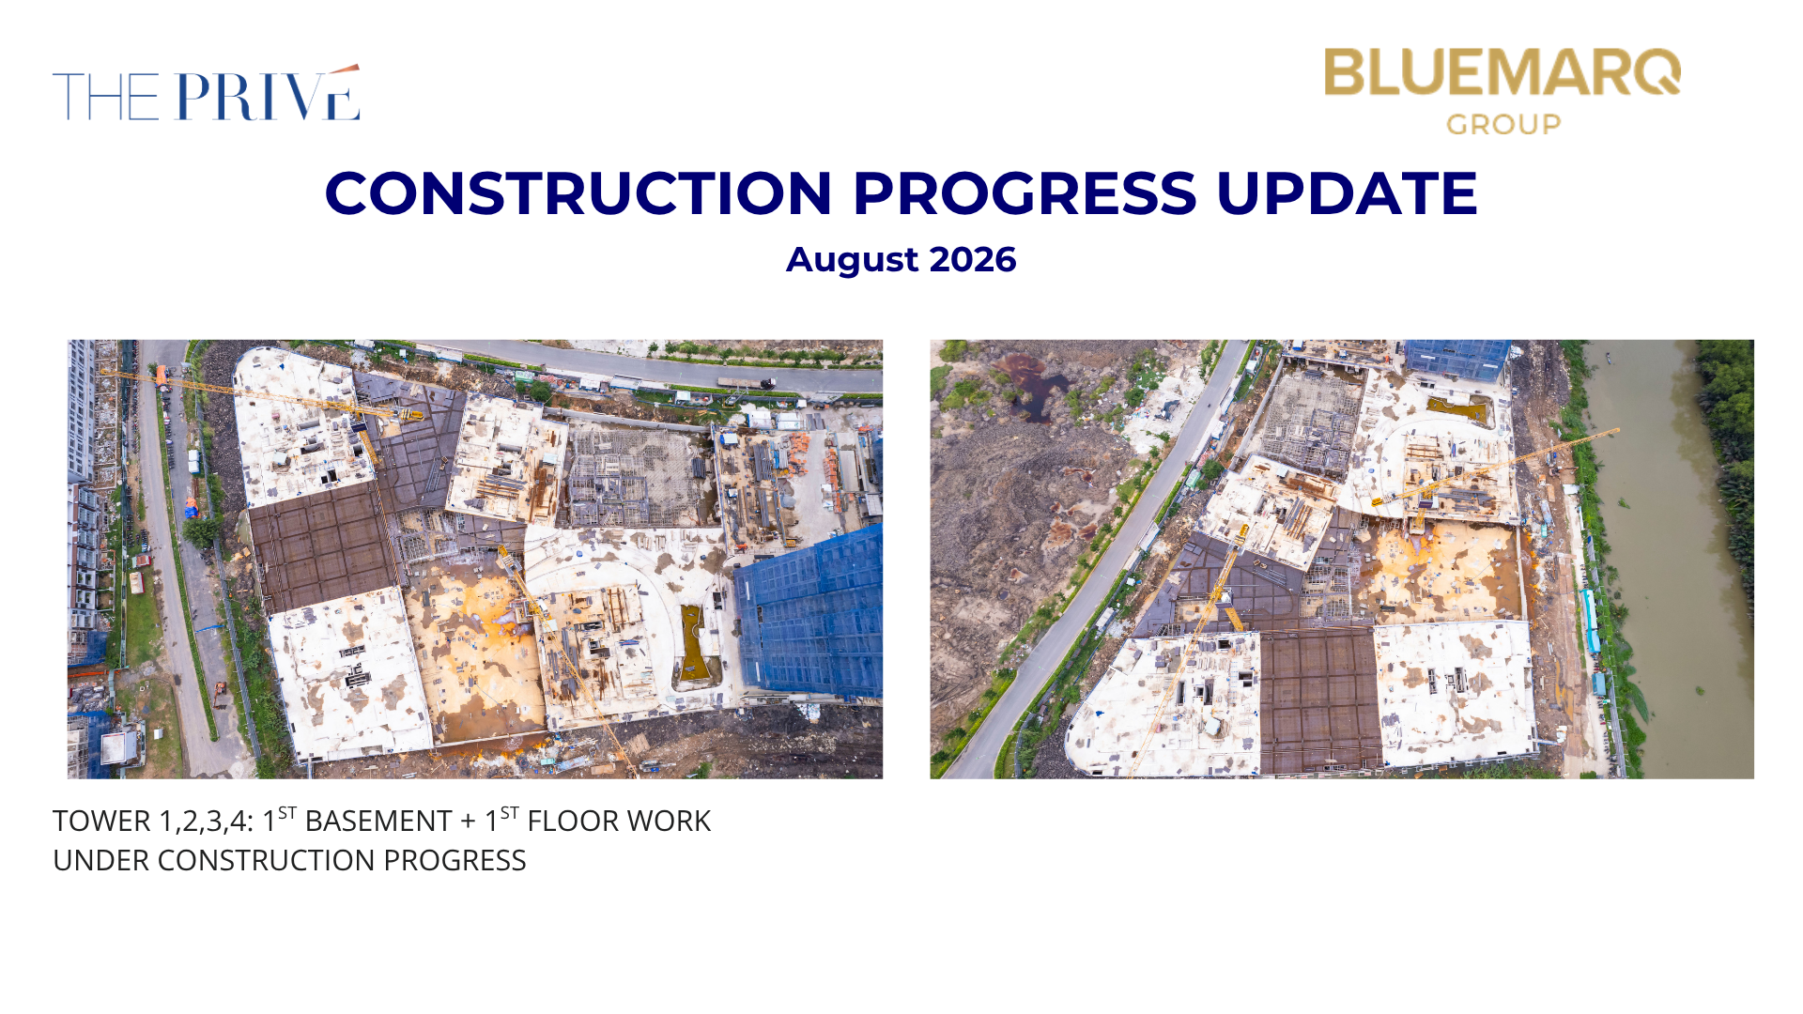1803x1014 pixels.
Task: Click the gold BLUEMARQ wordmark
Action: click(x=1502, y=72)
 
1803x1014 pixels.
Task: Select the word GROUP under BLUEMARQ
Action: click(x=1503, y=124)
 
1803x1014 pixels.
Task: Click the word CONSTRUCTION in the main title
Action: click(x=578, y=193)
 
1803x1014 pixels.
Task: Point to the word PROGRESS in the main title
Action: click(x=1025, y=193)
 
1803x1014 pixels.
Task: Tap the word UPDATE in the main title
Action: click(x=1347, y=193)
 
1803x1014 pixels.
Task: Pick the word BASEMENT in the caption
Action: click(x=378, y=822)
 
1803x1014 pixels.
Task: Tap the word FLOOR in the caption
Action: click(x=569, y=822)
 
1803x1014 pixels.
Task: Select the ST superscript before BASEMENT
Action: click(x=287, y=812)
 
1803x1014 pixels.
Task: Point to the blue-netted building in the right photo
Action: click(x=1456, y=360)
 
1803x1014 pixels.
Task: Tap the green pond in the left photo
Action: click(x=694, y=643)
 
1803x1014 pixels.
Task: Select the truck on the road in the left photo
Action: click(x=746, y=382)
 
